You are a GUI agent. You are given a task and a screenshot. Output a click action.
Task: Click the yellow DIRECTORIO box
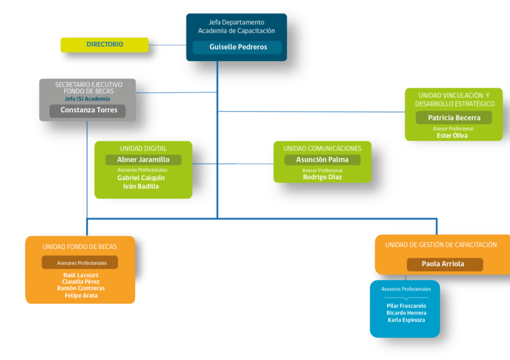click(104, 44)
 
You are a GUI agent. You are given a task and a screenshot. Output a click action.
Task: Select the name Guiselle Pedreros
click(238, 47)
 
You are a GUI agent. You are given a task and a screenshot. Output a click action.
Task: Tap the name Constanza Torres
click(89, 110)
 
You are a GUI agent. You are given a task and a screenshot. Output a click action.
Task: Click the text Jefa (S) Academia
click(87, 99)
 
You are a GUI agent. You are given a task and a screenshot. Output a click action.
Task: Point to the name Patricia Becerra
click(454, 118)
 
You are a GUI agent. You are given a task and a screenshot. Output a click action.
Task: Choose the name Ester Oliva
click(452, 136)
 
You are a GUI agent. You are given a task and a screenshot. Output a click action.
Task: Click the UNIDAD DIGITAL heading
click(143, 149)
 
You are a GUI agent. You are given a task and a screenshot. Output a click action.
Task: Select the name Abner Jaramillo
click(143, 160)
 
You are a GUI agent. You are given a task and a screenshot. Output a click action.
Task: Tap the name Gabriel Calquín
click(141, 178)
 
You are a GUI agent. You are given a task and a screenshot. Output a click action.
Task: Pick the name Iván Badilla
click(141, 187)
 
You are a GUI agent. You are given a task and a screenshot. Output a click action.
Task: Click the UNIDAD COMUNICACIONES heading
click(322, 149)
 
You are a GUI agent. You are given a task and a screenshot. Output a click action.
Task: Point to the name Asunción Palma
click(322, 160)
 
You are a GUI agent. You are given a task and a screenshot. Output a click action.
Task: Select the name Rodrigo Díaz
click(322, 177)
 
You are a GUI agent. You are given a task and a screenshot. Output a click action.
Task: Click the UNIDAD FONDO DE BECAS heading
click(80, 247)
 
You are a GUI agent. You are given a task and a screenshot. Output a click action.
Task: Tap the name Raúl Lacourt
click(80, 275)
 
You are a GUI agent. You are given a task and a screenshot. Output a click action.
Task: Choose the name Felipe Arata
click(81, 296)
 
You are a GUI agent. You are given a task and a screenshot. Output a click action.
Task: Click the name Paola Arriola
click(443, 264)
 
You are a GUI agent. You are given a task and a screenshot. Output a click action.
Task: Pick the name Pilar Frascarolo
click(406, 305)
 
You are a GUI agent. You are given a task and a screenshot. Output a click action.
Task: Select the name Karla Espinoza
click(406, 320)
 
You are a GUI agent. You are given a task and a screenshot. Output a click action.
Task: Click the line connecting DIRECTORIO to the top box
click(167, 45)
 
